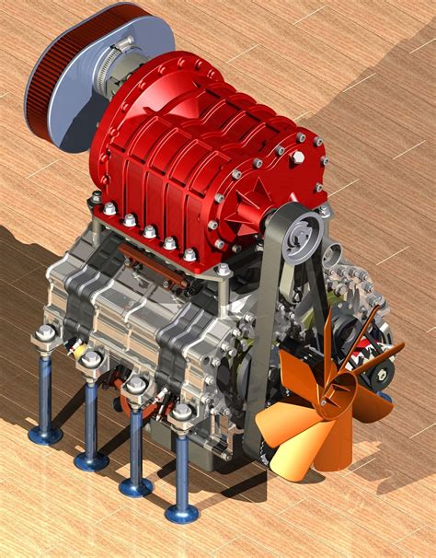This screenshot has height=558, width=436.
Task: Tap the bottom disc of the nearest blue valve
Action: [181, 513]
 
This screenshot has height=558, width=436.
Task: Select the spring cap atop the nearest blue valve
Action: [180, 413]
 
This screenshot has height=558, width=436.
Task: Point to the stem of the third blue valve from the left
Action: [136, 442]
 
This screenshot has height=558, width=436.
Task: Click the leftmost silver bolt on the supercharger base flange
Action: [97, 197]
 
